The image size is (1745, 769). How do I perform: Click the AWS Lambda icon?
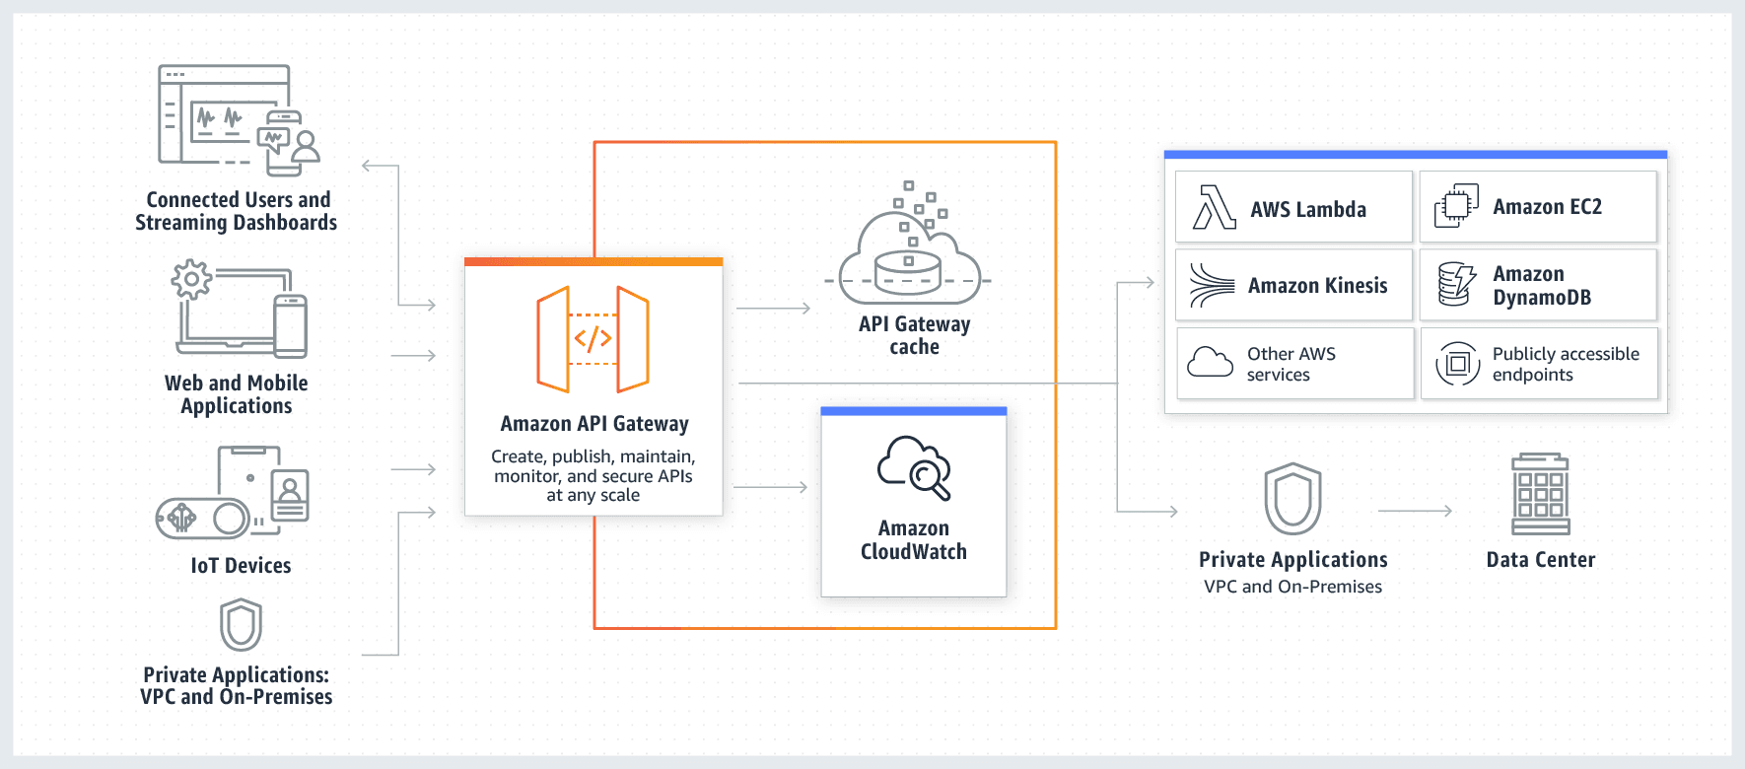coord(1214,207)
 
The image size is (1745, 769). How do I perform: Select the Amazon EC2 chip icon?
coord(1456,206)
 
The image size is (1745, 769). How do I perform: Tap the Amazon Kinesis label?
coord(1317,286)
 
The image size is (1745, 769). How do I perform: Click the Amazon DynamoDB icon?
coord(1456,284)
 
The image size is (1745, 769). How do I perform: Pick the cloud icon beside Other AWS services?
coord(1210,363)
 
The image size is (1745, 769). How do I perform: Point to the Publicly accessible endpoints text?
coord(1565,364)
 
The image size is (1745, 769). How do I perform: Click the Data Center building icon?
coord(1540,494)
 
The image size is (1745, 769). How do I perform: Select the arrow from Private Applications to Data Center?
coord(1415,511)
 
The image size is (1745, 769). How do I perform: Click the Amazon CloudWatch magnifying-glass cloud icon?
coord(914,467)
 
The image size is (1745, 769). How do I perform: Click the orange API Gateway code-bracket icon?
coord(593,339)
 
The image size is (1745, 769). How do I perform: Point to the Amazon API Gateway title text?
coord(593,424)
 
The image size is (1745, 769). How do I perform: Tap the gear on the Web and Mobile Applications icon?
coord(191,279)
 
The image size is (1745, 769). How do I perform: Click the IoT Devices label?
coord(241,566)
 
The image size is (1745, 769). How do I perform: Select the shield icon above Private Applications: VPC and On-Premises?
coord(241,625)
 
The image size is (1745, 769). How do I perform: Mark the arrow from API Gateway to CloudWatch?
coord(770,487)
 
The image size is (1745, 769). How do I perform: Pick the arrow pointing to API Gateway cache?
coord(773,309)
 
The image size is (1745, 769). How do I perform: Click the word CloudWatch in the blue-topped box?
coord(913,552)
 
